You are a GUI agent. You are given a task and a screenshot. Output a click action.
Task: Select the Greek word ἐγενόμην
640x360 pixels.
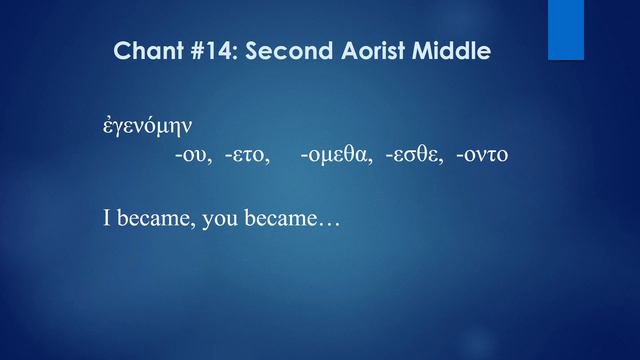(148, 128)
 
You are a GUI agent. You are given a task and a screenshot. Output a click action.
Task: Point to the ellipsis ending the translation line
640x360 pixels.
(328, 221)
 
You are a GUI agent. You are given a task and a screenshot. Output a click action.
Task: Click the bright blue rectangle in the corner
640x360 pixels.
(565, 29)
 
